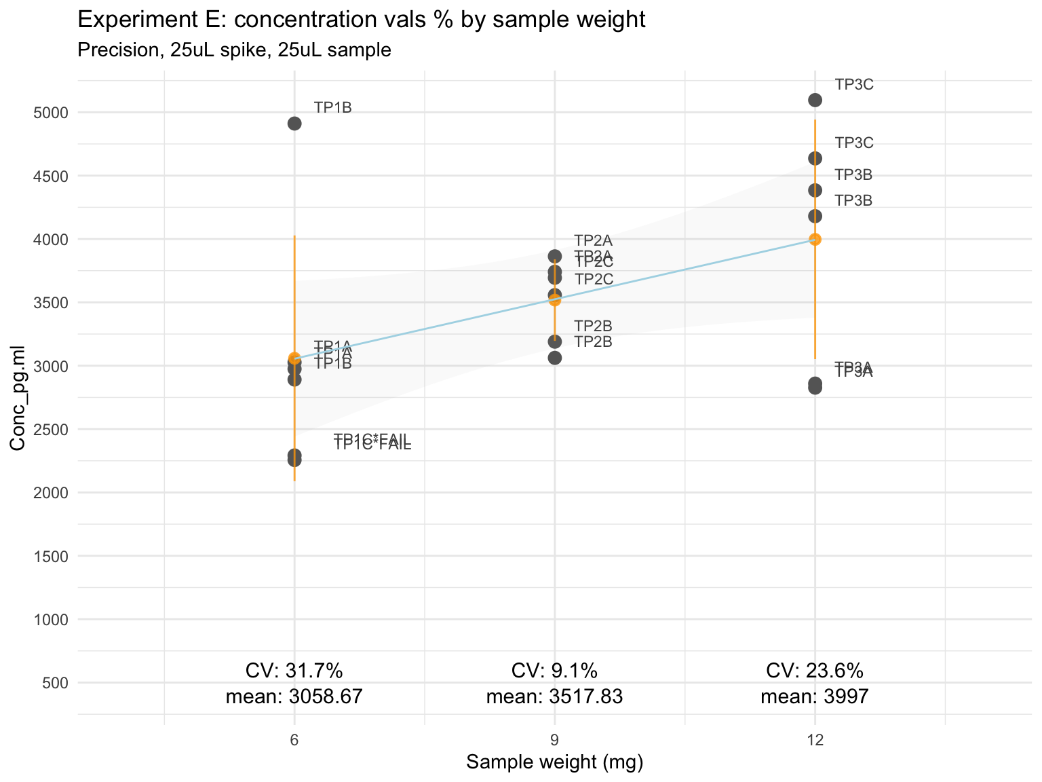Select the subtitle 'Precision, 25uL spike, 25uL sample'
(x=235, y=50)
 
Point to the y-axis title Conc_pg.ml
(x=18, y=397)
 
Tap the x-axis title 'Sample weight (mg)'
(x=554, y=762)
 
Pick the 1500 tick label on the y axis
(x=52, y=556)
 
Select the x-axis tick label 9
(x=554, y=739)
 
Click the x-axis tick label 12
(x=815, y=739)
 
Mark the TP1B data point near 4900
(x=294, y=124)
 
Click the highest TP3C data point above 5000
(x=815, y=100)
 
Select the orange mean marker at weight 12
(x=815, y=239)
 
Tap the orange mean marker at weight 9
(x=555, y=300)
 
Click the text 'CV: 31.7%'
(x=294, y=671)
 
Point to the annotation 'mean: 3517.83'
(x=554, y=696)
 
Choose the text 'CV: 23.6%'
(x=815, y=671)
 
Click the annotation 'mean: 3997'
(x=815, y=696)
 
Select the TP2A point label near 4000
(x=593, y=240)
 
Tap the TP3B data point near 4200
(x=815, y=216)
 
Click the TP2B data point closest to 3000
(x=555, y=358)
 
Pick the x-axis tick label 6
(x=294, y=739)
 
